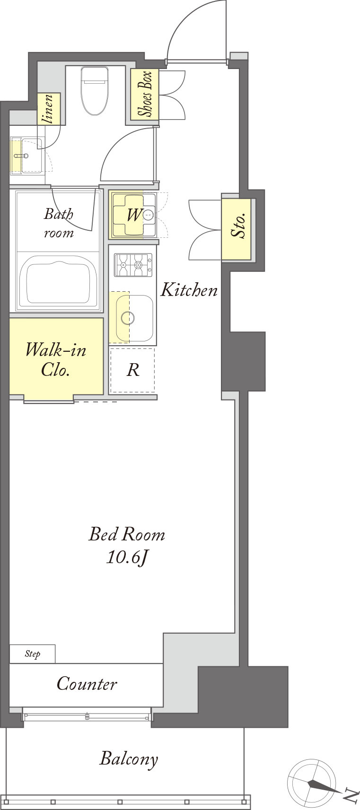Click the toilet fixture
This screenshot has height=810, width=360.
tap(95, 91)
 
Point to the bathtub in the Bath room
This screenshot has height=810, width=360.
tap(58, 281)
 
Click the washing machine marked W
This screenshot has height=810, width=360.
tap(133, 215)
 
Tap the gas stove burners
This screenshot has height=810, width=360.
tap(133, 265)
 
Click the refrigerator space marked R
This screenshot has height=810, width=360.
tap(133, 370)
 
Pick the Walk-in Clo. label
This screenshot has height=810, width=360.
tap(56, 360)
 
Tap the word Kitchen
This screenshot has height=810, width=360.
tap(189, 290)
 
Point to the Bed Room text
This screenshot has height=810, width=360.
tap(127, 534)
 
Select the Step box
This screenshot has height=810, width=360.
tap(32, 654)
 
